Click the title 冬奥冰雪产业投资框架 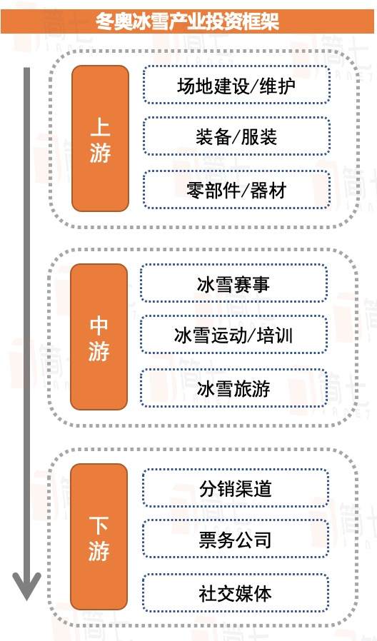click(188, 21)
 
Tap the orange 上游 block click(100, 138)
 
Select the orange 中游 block click(99, 337)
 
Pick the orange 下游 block click(99, 536)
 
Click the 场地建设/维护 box click(236, 85)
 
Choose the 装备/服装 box click(236, 136)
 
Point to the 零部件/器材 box click(236, 190)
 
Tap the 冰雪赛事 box click(234, 283)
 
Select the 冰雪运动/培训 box click(234, 335)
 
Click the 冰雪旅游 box click(234, 388)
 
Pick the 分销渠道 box click(236, 488)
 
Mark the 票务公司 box click(236, 539)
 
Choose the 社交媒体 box click(236, 592)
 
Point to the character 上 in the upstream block click(100, 128)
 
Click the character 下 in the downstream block click(99, 526)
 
